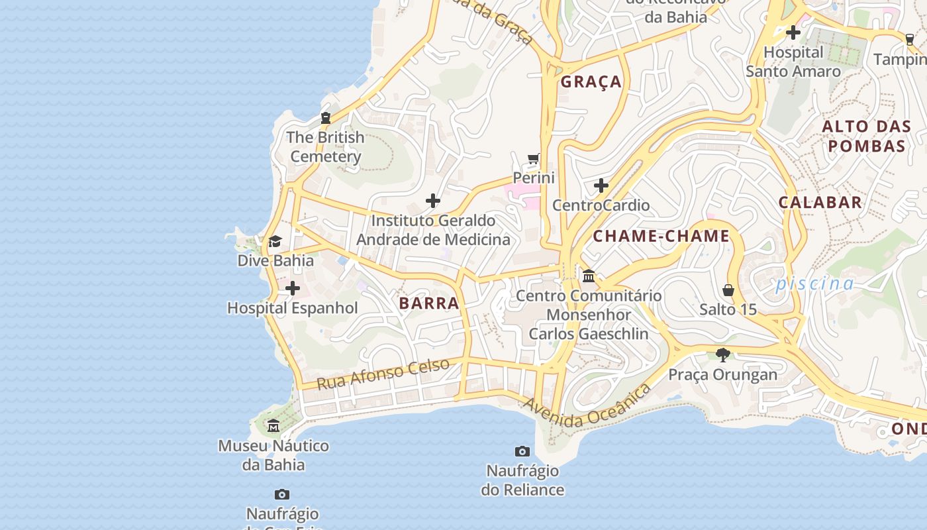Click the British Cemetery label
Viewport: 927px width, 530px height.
click(x=326, y=147)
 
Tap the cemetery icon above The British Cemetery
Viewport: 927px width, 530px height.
click(x=325, y=118)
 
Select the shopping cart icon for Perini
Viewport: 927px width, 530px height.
click(x=534, y=159)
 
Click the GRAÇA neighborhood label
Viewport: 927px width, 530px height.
click(x=591, y=81)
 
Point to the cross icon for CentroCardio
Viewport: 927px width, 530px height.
click(x=601, y=185)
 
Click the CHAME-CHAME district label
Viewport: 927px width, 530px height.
click(x=661, y=236)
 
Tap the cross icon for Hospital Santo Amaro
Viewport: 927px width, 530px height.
click(x=793, y=32)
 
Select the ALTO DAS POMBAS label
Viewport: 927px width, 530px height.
click(x=867, y=136)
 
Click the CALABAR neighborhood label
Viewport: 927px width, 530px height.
click(x=820, y=203)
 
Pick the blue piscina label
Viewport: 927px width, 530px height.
click(x=814, y=284)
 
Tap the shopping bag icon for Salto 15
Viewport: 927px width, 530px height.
click(x=728, y=290)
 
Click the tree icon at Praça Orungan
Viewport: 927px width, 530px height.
click(x=723, y=355)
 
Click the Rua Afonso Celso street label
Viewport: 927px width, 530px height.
click(x=383, y=374)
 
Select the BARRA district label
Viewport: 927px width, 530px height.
click(x=429, y=303)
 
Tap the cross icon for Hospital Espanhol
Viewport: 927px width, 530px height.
click(x=292, y=288)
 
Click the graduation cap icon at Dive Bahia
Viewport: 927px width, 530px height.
click(x=275, y=241)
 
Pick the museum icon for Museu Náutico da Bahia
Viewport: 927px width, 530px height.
click(x=273, y=425)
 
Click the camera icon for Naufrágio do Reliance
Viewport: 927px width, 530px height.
click(x=522, y=451)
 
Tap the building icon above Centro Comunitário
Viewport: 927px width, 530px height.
click(x=589, y=275)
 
